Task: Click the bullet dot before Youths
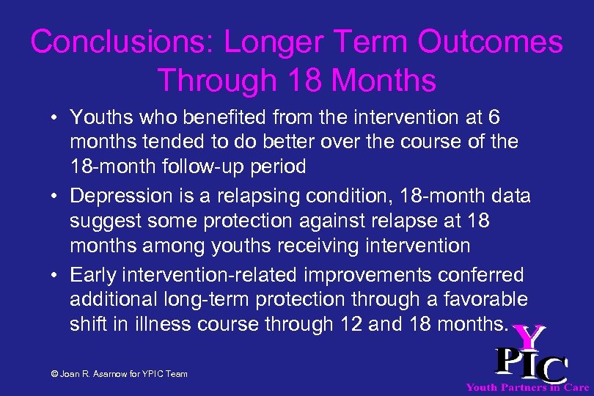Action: point(56,117)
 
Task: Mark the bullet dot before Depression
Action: point(56,197)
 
